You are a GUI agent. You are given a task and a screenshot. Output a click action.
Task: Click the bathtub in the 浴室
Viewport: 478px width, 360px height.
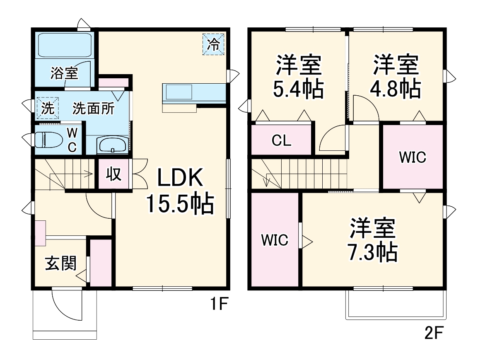point(65,46)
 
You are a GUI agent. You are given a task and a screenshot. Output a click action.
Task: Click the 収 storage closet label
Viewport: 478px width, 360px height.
point(114,174)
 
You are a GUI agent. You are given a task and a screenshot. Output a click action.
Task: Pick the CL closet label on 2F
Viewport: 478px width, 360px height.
point(282,141)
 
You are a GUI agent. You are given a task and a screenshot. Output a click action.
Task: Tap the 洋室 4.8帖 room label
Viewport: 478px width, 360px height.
point(397,76)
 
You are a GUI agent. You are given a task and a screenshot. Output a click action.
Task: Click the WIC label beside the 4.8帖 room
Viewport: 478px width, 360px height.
point(413,157)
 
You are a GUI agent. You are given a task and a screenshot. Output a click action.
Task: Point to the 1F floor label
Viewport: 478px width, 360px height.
point(218,305)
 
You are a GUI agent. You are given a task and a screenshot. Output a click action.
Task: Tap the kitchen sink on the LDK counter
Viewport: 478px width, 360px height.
point(179,92)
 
